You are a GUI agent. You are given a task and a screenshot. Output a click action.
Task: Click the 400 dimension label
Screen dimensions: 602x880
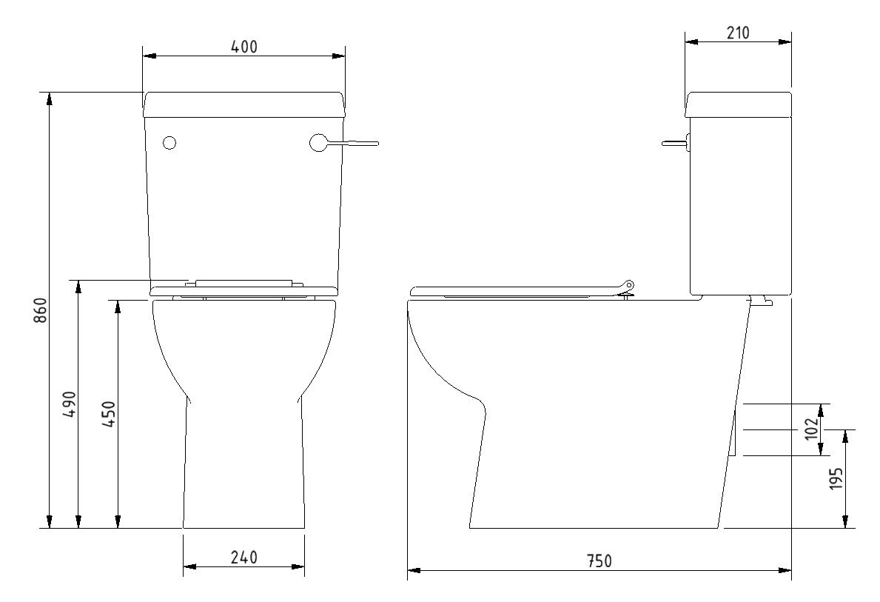click(x=243, y=47)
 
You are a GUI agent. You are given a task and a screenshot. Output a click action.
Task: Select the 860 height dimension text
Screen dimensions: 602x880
click(x=41, y=310)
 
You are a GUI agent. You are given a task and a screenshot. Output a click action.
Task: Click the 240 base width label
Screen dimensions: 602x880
click(x=243, y=558)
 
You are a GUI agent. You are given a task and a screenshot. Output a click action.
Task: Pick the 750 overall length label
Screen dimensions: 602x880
click(x=599, y=561)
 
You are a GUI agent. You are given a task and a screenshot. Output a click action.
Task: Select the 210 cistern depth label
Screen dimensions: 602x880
click(x=737, y=33)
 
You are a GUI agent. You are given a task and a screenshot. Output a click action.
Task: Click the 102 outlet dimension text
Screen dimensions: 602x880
click(x=811, y=429)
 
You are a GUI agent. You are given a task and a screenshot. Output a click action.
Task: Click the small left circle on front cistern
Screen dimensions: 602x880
click(x=169, y=143)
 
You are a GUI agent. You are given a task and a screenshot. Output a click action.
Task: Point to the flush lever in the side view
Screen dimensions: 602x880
click(x=675, y=143)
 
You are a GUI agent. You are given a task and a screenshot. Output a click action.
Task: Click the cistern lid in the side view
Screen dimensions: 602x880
click(x=738, y=104)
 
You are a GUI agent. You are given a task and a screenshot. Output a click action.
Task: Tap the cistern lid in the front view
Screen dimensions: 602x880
click(x=243, y=104)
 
